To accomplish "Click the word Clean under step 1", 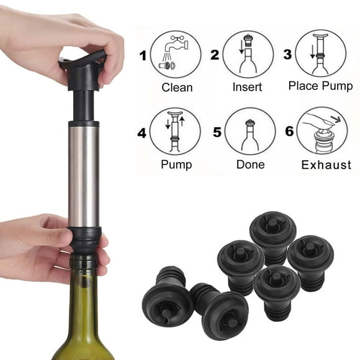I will (177, 88).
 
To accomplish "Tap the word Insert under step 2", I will (247, 88).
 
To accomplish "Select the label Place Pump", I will (320, 86).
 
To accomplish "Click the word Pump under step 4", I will (176, 165).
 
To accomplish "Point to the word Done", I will (250, 165).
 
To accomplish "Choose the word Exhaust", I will (326, 165).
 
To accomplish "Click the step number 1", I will (143, 56).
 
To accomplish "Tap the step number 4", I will (142, 132).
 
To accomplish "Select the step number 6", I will (289, 132).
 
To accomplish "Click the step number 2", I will (215, 55).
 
